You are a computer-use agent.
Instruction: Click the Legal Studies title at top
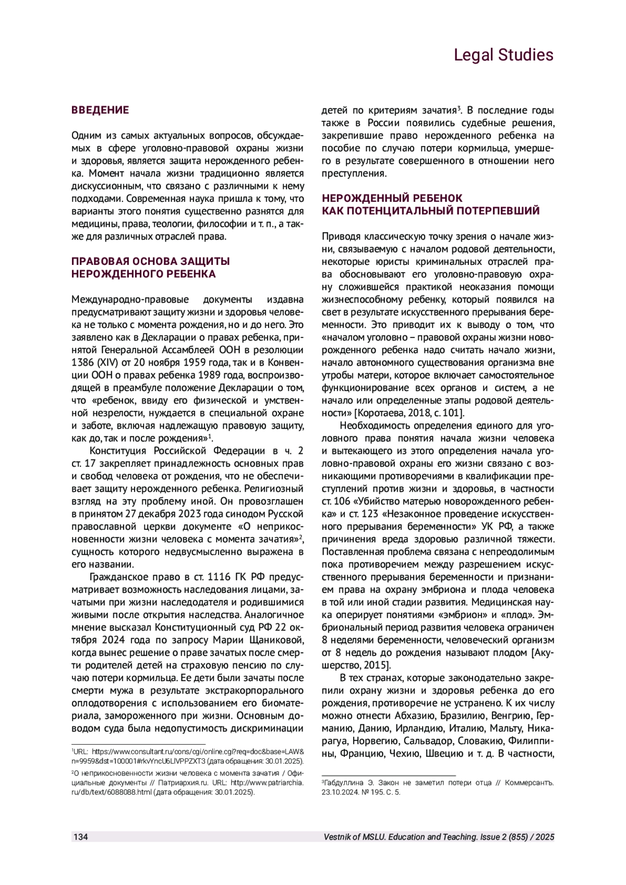pos(503,55)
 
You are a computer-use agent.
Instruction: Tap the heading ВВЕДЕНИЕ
pos(100,110)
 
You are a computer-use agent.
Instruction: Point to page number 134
pos(81,837)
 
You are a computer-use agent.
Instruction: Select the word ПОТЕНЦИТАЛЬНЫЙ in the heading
pos(400,211)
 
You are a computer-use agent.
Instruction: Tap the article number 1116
pos(219,577)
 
